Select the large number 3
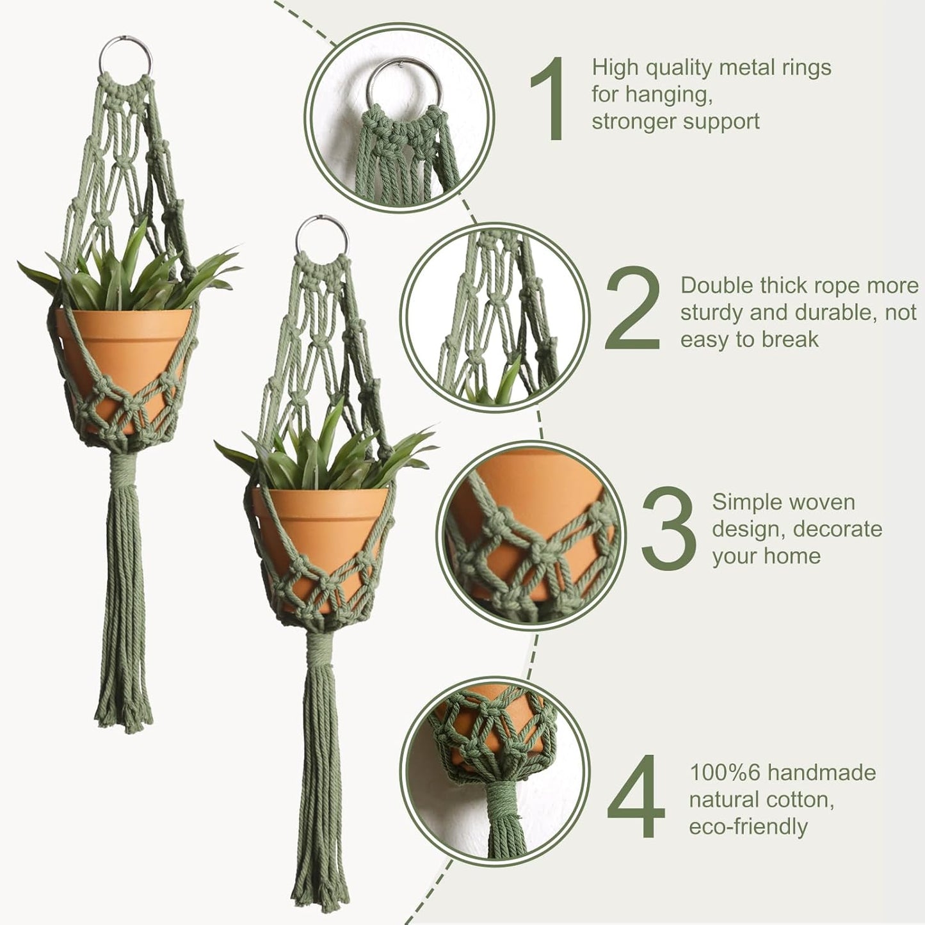(x=668, y=529)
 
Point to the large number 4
(x=636, y=797)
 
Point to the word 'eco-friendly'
(x=748, y=826)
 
